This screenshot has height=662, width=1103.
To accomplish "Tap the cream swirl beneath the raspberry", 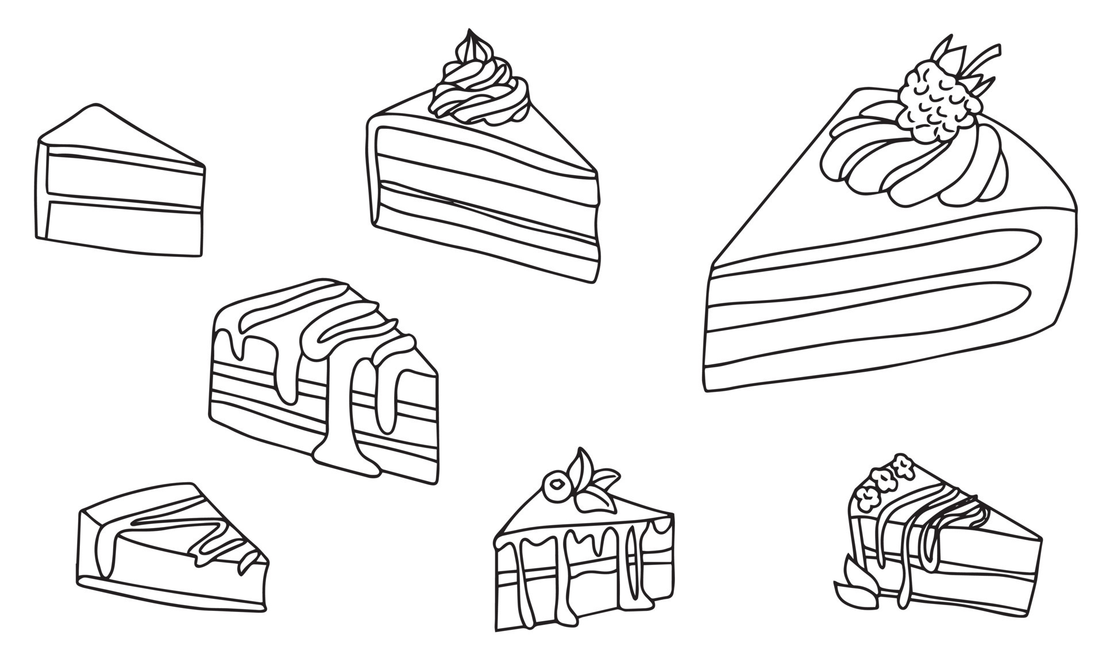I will tap(913, 161).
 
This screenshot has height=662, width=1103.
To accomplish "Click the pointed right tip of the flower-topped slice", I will tap(1040, 539).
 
